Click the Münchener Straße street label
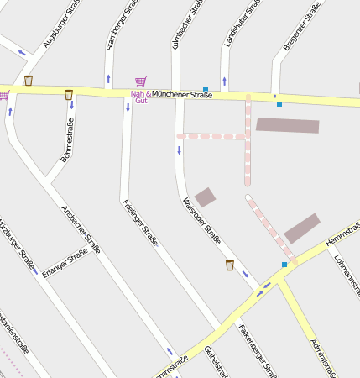[182, 95]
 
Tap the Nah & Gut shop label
[140, 97]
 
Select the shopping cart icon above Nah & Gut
[140, 81]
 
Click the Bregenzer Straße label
[301, 26]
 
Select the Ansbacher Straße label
[81, 229]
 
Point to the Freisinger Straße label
[140, 223]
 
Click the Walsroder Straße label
[201, 221]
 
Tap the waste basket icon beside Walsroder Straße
[230, 265]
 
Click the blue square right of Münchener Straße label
[206, 88]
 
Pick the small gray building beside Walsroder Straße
[205, 197]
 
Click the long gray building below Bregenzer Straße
[287, 125]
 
